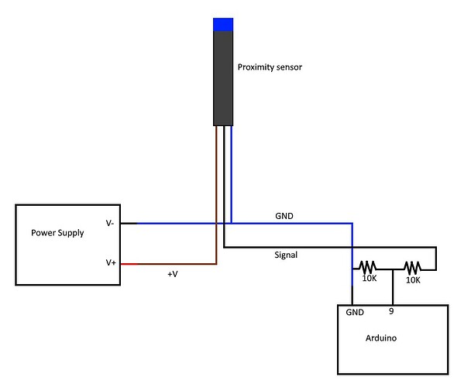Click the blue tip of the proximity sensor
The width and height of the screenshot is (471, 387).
click(223, 24)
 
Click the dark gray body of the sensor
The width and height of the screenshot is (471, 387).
click(223, 77)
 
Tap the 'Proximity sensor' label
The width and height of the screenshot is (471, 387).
click(269, 67)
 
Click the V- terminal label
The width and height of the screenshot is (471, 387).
click(111, 223)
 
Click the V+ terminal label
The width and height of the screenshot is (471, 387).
click(111, 263)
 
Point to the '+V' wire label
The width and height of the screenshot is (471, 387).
click(173, 275)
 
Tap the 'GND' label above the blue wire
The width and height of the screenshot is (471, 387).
click(284, 216)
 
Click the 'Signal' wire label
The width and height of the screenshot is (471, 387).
click(286, 254)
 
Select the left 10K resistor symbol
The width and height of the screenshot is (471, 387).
click(369, 268)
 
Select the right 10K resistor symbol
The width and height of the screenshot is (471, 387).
click(413, 268)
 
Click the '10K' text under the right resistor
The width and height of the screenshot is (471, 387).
click(413, 280)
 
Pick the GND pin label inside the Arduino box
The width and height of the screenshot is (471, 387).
click(355, 313)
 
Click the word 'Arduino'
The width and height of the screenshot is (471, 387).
click(381, 338)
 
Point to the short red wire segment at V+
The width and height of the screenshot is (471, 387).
click(129, 264)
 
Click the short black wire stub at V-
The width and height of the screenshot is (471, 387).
click(129, 224)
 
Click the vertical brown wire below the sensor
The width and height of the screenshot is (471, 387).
click(216, 193)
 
